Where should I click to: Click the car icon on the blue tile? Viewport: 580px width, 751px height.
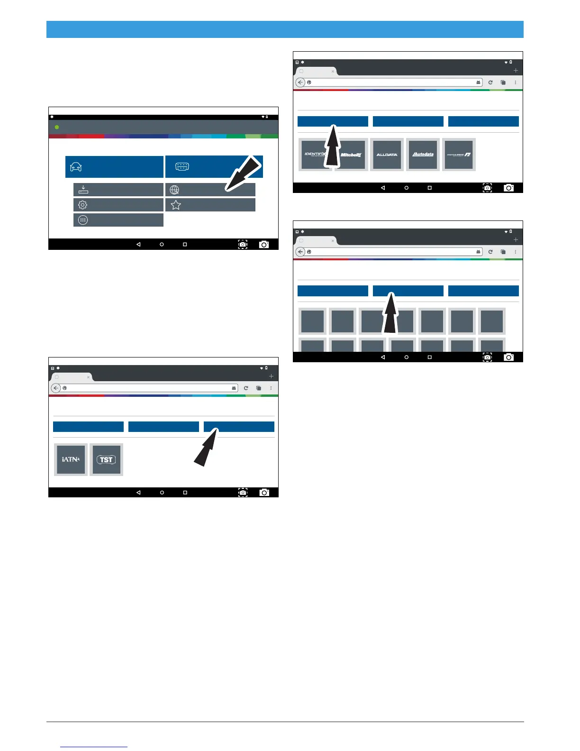[76, 167]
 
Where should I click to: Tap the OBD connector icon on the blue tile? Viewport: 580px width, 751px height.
[182, 166]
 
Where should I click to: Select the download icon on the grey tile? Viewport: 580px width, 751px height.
[83, 190]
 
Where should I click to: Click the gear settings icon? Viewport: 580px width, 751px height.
[82, 205]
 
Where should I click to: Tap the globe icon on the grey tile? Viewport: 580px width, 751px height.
[174, 190]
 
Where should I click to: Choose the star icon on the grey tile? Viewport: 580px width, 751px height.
[176, 205]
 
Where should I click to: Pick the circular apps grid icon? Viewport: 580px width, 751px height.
[83, 220]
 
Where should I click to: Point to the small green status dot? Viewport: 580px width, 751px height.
[57, 127]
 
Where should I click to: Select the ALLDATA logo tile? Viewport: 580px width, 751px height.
[387, 155]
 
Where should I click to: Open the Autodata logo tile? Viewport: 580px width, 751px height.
[423, 155]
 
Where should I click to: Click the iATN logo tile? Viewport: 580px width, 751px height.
[71, 459]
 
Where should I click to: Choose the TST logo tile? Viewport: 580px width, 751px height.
[106, 459]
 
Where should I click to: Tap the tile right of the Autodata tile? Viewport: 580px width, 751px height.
[459, 155]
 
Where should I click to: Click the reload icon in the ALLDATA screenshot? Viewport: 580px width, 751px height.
[490, 82]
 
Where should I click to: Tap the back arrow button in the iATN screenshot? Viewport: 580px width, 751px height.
[56, 388]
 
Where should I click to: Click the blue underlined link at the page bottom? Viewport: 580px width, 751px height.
[94, 747]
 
